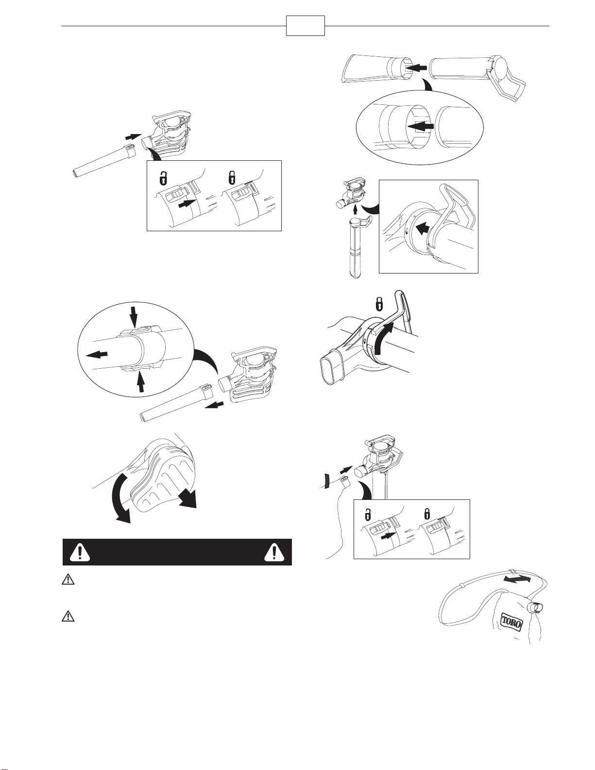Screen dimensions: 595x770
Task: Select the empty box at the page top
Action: [305, 26]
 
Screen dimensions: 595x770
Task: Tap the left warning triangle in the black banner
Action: [80, 552]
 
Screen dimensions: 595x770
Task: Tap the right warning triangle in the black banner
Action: [274, 552]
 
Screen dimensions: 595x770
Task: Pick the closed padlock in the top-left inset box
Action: [233, 177]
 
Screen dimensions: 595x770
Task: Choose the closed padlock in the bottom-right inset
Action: [427, 513]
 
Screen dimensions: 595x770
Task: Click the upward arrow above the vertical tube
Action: [355, 209]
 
